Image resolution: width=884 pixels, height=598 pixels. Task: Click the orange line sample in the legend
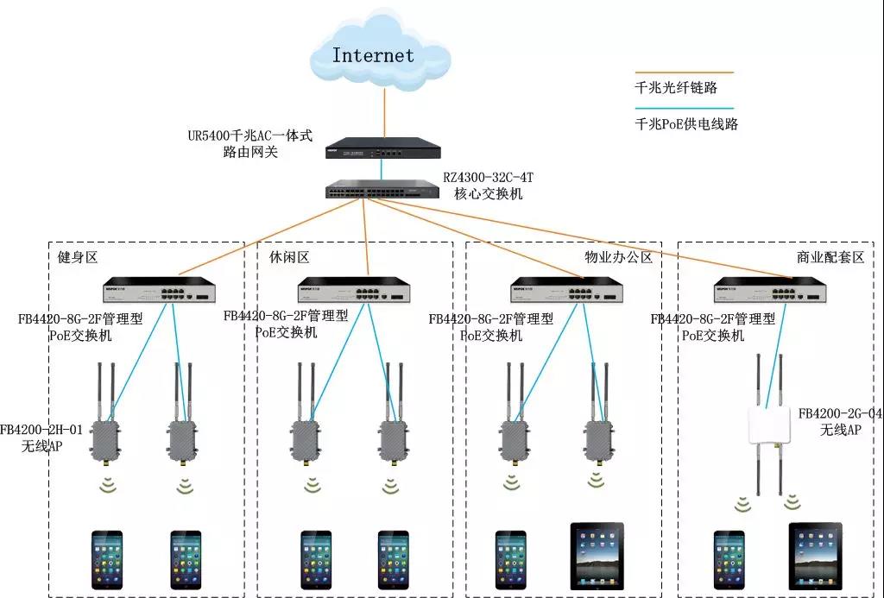(683, 73)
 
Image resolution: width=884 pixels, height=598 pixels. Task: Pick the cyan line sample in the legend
(683, 108)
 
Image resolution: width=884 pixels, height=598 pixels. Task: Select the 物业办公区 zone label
(618, 258)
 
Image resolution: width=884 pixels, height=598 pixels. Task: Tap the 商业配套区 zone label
(830, 258)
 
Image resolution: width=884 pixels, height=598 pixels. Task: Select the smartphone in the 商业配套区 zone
(729, 560)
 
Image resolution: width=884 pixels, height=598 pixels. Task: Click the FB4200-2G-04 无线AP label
(840, 422)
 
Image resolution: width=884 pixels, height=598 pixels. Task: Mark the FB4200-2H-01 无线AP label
(41, 437)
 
